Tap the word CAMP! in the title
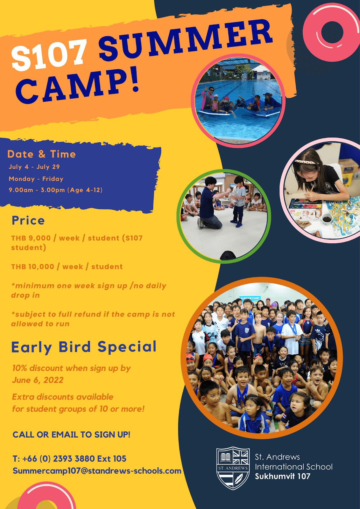coord(77,86)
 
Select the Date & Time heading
coord(42,154)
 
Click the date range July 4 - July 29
coord(34,167)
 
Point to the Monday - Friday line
coord(36,179)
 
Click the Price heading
coord(28,220)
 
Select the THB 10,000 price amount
coord(33,267)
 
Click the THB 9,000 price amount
coord(31,238)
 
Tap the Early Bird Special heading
coord(84,347)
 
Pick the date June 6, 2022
coord(38,380)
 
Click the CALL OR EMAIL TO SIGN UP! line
coord(71,435)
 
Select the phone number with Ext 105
coord(69,458)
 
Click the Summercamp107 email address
coord(97,471)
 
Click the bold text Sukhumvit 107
coord(282,476)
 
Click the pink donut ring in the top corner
coord(331,32)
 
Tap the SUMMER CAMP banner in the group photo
coord(250,298)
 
